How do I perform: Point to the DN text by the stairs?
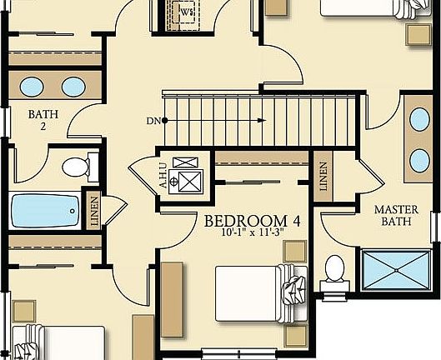(153, 121)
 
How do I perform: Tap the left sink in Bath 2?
(33, 86)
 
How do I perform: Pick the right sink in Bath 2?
(73, 86)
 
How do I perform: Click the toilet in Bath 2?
(78, 167)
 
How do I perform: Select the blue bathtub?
(44, 210)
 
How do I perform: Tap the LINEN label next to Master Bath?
(323, 177)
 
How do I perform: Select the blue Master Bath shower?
(395, 268)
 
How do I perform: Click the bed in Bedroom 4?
(250, 292)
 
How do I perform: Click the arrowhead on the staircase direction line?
(262, 121)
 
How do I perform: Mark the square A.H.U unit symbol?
(192, 178)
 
